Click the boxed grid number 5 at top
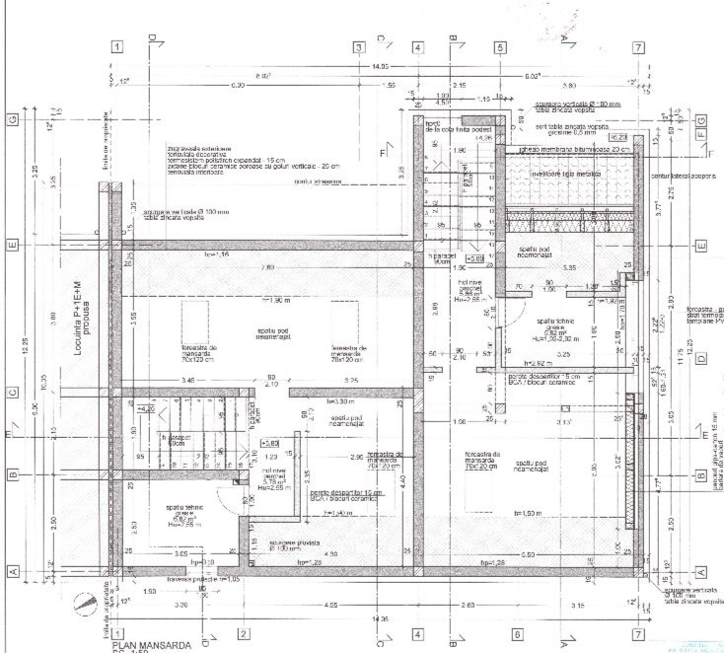(x=500, y=47)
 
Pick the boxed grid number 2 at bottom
(x=242, y=633)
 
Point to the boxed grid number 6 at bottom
(x=516, y=633)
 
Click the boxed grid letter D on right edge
(x=701, y=358)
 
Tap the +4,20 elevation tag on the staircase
(x=145, y=407)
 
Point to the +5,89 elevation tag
(x=474, y=256)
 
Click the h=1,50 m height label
(x=524, y=514)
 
